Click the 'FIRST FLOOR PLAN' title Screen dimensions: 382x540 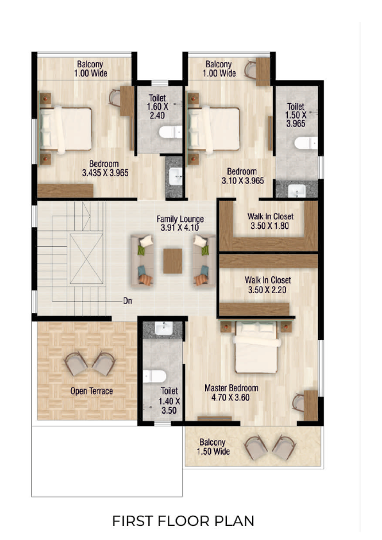click(x=183, y=521)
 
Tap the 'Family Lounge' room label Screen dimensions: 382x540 click(x=180, y=219)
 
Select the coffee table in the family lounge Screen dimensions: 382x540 click(x=172, y=261)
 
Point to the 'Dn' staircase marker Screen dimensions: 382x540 click(x=128, y=301)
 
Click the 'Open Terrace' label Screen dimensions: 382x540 click(x=92, y=391)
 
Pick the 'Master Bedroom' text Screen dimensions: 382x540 click(x=231, y=388)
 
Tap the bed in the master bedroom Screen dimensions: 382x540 click(x=257, y=347)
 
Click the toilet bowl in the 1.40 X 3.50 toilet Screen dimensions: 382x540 click(x=154, y=376)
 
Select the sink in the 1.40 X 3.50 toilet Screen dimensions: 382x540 click(x=164, y=328)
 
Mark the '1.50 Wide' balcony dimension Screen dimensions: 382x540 click(x=213, y=451)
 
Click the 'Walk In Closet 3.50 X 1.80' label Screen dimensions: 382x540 click(x=270, y=221)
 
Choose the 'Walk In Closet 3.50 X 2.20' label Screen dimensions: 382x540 click(x=268, y=285)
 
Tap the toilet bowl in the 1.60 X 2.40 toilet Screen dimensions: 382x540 click(x=170, y=132)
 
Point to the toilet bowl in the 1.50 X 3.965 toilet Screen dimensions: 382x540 click(x=306, y=143)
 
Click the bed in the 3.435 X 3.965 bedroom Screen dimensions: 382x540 click(x=65, y=129)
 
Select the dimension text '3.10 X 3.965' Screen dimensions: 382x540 click(x=243, y=180)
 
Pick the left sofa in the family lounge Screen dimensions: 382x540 click(x=142, y=260)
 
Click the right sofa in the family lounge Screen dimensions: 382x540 click(x=204, y=260)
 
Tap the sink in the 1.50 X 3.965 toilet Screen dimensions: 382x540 click(x=297, y=190)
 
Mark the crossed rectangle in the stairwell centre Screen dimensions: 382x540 click(x=87, y=258)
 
